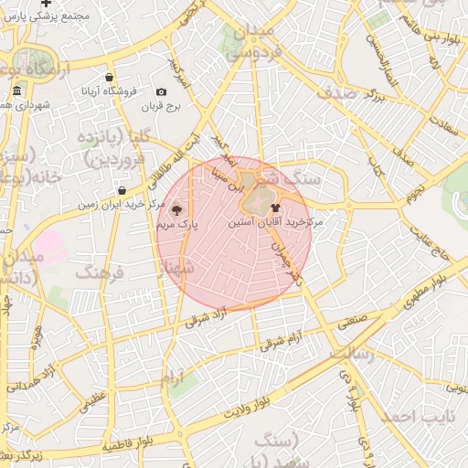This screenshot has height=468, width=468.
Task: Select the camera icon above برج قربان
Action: [162, 91]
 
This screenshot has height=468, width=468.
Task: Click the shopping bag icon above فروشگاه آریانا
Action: [110, 78]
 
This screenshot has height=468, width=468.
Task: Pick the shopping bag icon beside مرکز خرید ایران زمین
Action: [122, 190]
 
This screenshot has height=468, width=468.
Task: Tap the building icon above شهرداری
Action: [17, 91]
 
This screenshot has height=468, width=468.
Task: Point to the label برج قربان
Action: [161, 106]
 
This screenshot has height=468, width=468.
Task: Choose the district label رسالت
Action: [349, 354]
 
